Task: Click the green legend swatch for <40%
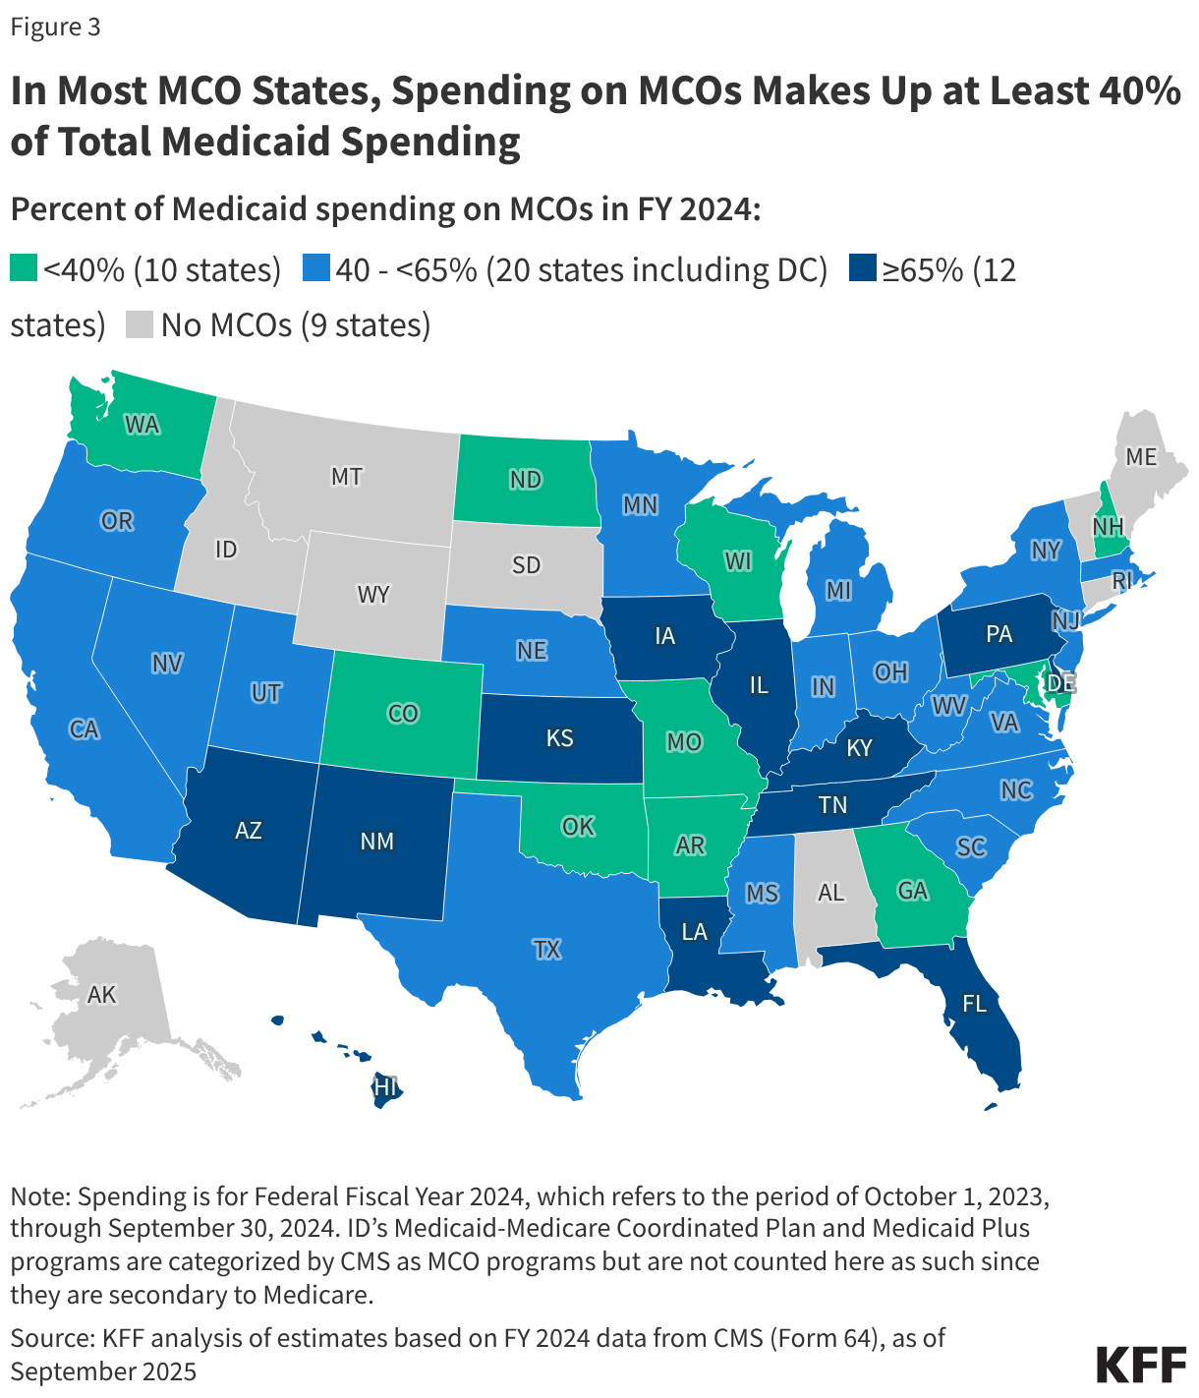[x=24, y=268]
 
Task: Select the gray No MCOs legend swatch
[x=140, y=324]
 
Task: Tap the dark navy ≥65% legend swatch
[x=862, y=268]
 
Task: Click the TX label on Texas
[x=546, y=949]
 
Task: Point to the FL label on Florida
[x=974, y=1004]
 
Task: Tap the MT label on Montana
[x=346, y=477]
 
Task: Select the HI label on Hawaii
[x=385, y=1087]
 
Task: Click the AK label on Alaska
[x=102, y=995]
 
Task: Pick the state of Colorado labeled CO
[x=403, y=714]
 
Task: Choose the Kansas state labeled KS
[x=559, y=737]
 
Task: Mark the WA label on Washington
[x=142, y=425]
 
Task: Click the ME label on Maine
[x=1141, y=457]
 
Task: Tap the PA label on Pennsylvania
[x=999, y=634]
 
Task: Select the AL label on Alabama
[x=830, y=893]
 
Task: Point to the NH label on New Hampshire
[x=1108, y=527]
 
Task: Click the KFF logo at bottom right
[x=1140, y=1365]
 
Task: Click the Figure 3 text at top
[x=55, y=27]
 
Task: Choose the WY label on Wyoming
[x=373, y=595]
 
